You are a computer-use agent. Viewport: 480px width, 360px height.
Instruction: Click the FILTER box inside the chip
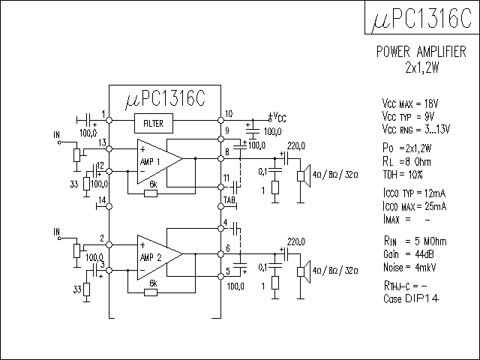click(x=153, y=122)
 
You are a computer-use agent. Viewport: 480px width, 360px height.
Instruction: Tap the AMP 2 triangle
click(x=157, y=256)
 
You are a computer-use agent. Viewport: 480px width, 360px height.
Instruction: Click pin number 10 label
click(x=229, y=114)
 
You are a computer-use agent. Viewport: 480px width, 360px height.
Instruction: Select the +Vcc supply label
click(x=277, y=117)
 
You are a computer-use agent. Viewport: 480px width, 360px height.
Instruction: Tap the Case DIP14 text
click(x=409, y=298)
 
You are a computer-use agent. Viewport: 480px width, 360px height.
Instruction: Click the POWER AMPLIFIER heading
click(x=420, y=52)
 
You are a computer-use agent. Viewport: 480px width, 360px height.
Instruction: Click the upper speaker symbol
click(x=304, y=175)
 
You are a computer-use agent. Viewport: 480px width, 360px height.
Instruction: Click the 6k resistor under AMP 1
click(x=151, y=193)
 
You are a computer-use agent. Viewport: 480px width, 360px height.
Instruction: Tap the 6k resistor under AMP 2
click(x=151, y=292)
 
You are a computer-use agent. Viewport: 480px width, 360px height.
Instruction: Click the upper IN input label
click(x=55, y=135)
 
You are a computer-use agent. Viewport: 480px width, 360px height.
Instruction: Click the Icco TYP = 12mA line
click(x=415, y=194)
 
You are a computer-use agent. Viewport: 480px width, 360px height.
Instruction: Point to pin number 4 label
click(x=225, y=222)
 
